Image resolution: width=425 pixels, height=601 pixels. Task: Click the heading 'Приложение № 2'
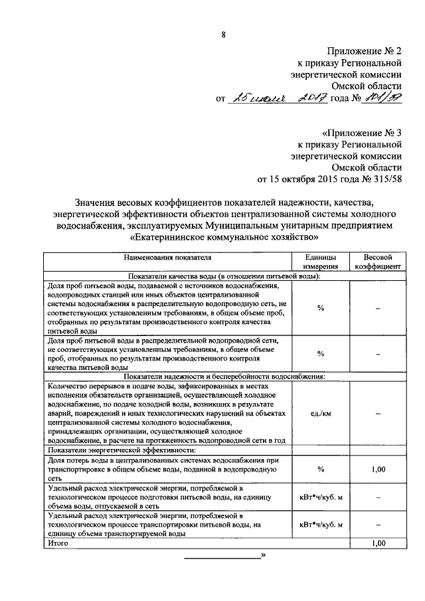point(364,50)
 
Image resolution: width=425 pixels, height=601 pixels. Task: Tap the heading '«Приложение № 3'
point(361,131)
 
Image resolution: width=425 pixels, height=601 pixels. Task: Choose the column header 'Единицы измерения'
point(320,261)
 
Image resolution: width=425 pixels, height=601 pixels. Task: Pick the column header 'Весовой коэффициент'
point(378,261)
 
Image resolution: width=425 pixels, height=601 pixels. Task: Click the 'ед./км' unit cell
point(320,412)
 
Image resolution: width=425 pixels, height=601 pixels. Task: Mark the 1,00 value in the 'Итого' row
point(378,543)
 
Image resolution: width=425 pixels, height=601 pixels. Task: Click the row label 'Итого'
point(59,543)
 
